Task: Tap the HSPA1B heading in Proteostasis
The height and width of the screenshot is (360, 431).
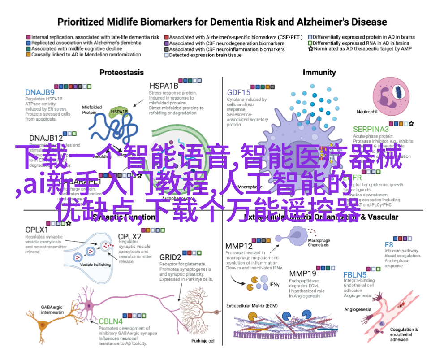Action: [x=164, y=85]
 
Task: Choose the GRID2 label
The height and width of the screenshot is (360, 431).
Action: [x=170, y=257]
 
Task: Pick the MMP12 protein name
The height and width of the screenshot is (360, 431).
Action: [x=239, y=246]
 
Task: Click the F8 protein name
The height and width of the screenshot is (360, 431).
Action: [x=389, y=245]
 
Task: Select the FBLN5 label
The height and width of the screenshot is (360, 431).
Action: [x=355, y=274]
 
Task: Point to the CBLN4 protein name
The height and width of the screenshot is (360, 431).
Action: [x=110, y=321]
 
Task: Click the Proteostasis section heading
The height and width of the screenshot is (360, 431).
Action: [x=121, y=72]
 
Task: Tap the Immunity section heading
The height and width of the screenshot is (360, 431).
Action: [x=319, y=72]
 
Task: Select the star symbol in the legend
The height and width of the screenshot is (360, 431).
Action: [x=310, y=48]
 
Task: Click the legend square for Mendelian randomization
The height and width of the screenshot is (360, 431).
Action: [x=28, y=55]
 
